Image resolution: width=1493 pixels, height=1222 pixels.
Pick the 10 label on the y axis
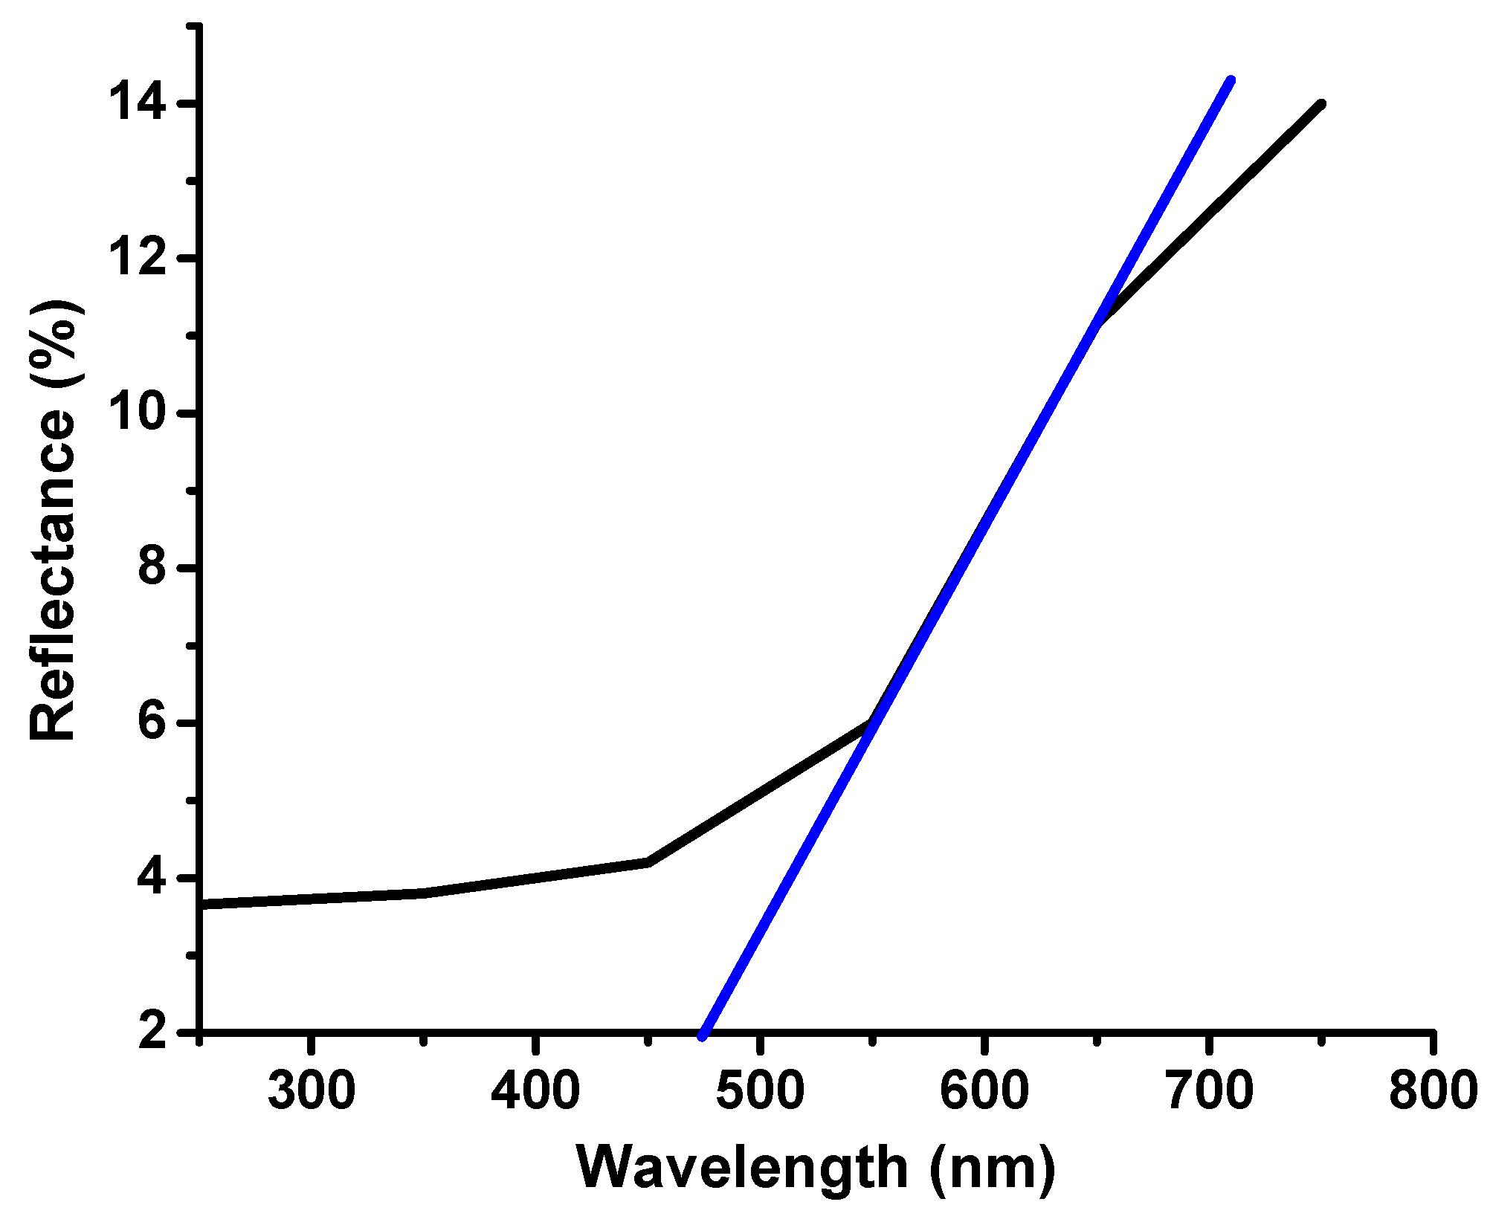click(137, 413)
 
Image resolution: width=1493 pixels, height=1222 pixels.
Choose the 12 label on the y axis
click(137, 258)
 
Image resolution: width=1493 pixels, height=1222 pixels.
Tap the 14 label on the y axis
click(137, 103)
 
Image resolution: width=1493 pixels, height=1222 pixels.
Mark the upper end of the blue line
click(1231, 80)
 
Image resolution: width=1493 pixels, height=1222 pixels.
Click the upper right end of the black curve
click(1321, 105)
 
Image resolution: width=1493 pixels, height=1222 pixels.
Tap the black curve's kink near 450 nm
click(648, 862)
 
